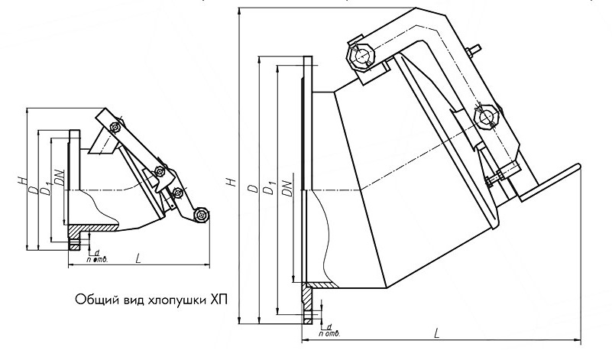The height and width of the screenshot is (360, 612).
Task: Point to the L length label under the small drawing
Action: click(x=138, y=260)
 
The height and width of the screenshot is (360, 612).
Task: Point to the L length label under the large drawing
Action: click(x=436, y=333)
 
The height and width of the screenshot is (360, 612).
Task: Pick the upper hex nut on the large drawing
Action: click(x=358, y=55)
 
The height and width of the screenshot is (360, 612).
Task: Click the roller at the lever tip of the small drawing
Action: click(x=200, y=216)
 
